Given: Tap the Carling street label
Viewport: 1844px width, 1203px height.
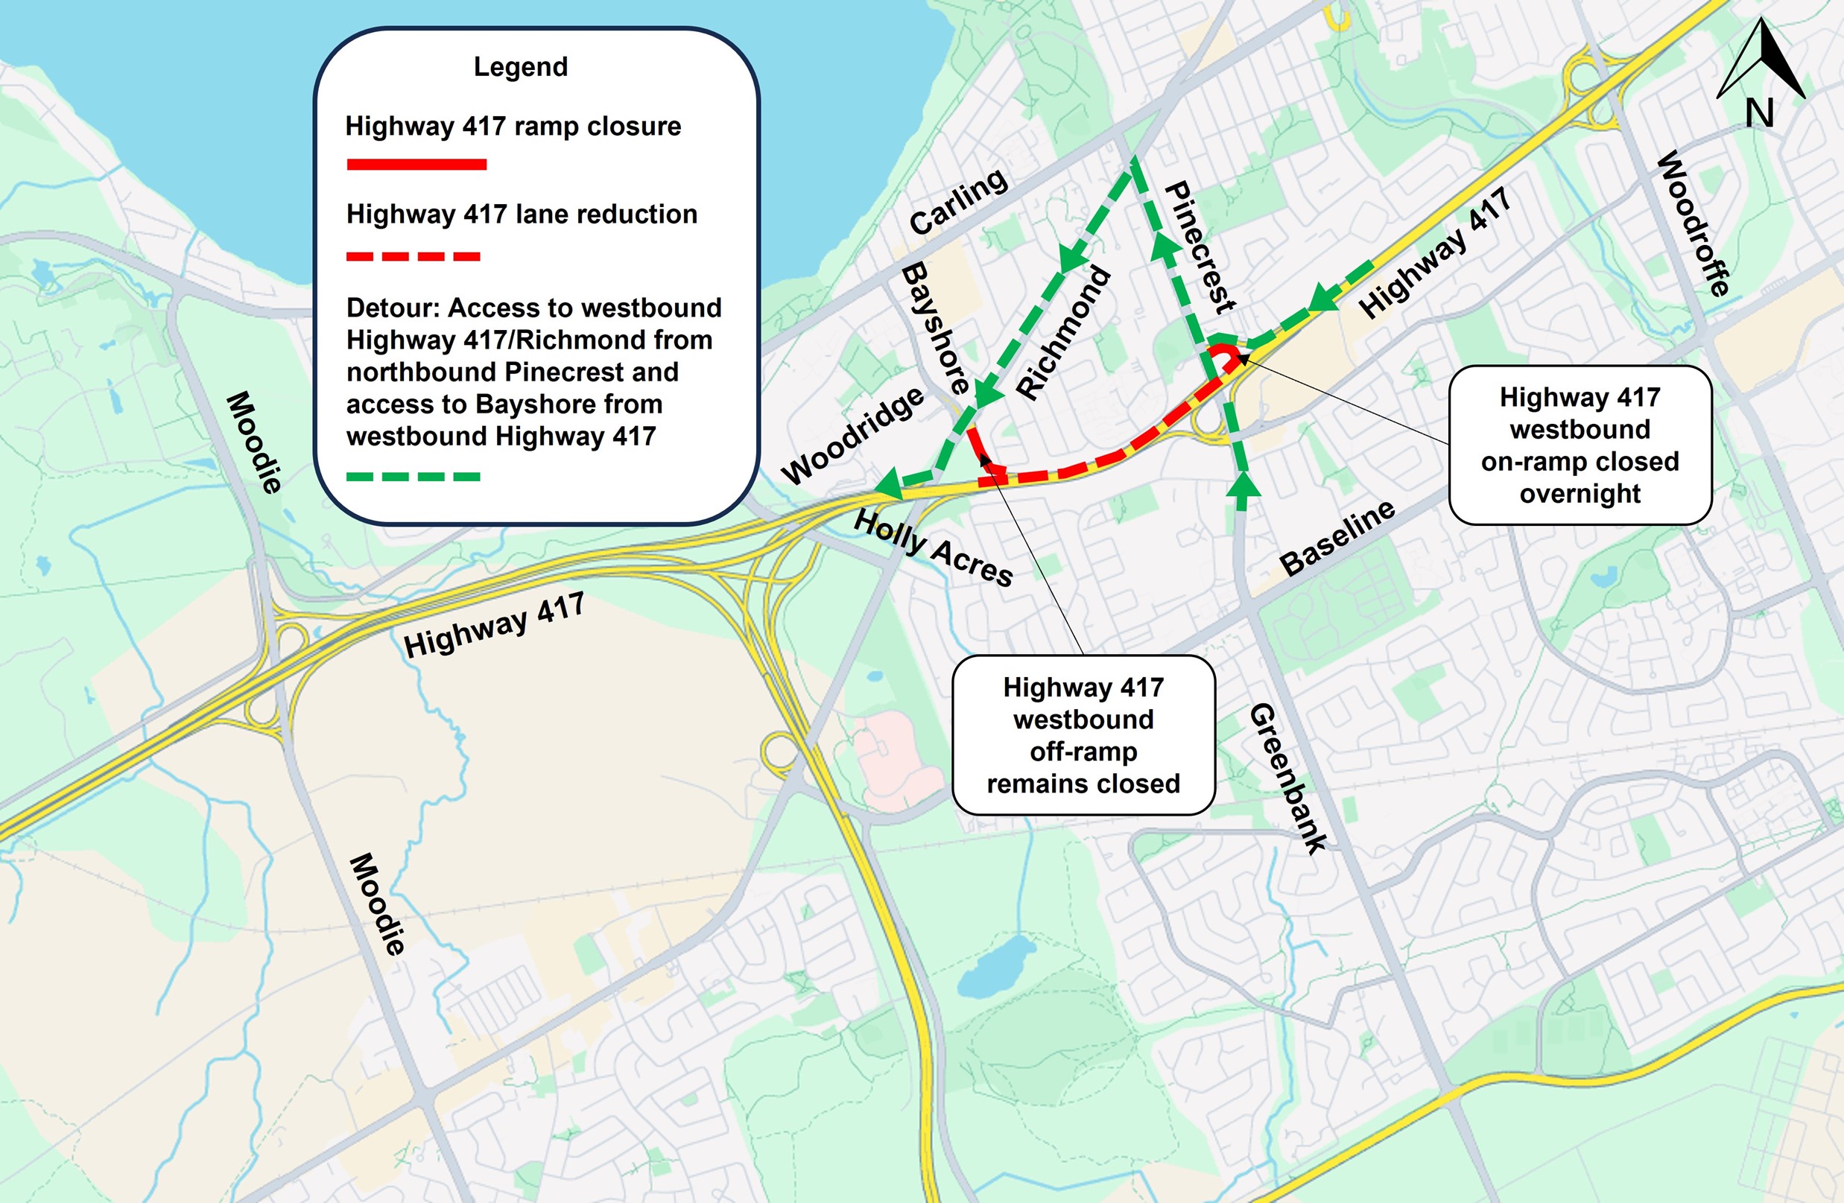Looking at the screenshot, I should click(x=958, y=202).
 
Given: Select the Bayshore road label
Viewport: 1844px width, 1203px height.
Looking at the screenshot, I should click(x=936, y=328).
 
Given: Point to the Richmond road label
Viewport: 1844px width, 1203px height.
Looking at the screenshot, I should click(x=1063, y=332).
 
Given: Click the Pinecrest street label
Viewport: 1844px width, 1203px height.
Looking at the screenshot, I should click(x=1200, y=247).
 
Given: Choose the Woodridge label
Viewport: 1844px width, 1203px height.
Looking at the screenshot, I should click(x=852, y=435).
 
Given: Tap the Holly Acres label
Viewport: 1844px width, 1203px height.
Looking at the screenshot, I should click(x=933, y=547).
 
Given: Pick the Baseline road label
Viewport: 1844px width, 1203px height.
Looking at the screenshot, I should click(x=1337, y=537).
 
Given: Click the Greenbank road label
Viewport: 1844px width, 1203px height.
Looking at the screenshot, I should click(x=1287, y=778).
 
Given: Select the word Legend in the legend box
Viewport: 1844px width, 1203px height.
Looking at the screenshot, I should click(x=521, y=67).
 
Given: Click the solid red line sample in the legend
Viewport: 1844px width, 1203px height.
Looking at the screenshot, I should click(x=416, y=164).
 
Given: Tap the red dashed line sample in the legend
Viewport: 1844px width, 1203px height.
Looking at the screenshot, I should click(x=414, y=256).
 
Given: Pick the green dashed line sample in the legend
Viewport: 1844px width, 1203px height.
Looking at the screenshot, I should click(x=414, y=477).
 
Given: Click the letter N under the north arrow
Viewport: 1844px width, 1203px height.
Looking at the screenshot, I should click(x=1760, y=113).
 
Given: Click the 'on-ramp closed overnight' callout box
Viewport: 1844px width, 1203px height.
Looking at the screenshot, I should click(x=1580, y=445).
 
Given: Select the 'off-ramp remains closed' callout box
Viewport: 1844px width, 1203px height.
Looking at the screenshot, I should click(x=1083, y=735).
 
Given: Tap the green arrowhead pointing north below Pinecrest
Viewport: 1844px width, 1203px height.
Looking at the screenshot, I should click(x=1243, y=486).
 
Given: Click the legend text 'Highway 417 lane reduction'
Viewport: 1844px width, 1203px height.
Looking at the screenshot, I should click(x=522, y=214).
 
